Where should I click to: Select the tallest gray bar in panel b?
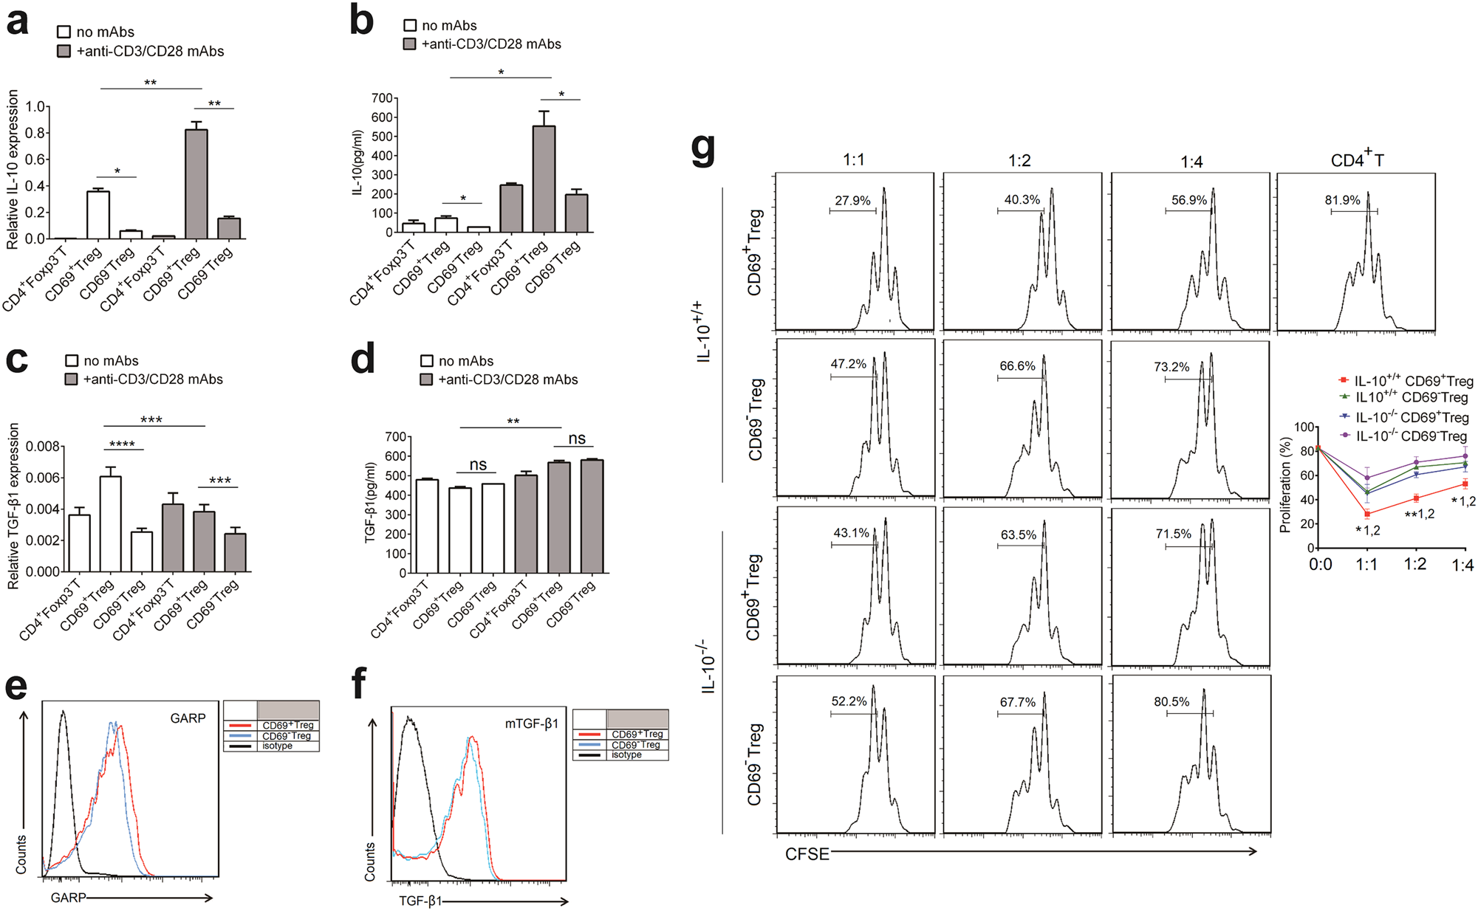point(544,179)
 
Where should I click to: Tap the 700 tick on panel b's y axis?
point(381,98)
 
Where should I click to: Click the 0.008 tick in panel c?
point(43,447)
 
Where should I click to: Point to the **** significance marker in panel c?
point(122,444)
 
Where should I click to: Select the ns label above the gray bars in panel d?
point(576,439)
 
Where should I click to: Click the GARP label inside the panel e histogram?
point(188,718)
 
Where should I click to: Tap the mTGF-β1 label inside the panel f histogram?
point(532,723)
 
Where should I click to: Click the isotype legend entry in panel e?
point(277,746)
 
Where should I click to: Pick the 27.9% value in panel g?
point(852,201)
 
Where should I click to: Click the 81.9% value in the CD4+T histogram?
point(1342,200)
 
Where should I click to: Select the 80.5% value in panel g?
point(1171,701)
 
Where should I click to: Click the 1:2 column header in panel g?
point(1019,161)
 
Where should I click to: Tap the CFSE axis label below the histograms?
point(807,854)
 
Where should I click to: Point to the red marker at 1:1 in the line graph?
point(1367,514)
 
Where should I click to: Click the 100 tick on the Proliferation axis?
point(1304,427)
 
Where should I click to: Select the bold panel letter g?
point(703,150)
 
